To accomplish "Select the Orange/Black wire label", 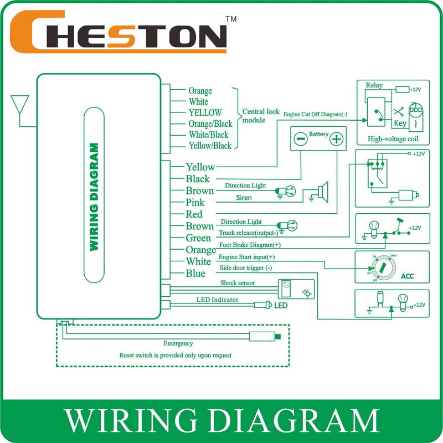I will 210,123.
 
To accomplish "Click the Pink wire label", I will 195,203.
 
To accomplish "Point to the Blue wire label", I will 195,274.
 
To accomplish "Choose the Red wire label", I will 194,214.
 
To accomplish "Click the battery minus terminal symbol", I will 300,139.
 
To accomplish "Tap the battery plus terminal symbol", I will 336,139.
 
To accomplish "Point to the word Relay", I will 374,85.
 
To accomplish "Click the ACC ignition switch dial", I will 381,267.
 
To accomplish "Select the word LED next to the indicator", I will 282,305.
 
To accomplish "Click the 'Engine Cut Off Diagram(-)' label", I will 316,114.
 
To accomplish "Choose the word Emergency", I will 178,343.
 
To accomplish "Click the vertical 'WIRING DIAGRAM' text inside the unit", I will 94,197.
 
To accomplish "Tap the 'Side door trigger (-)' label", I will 246,268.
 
